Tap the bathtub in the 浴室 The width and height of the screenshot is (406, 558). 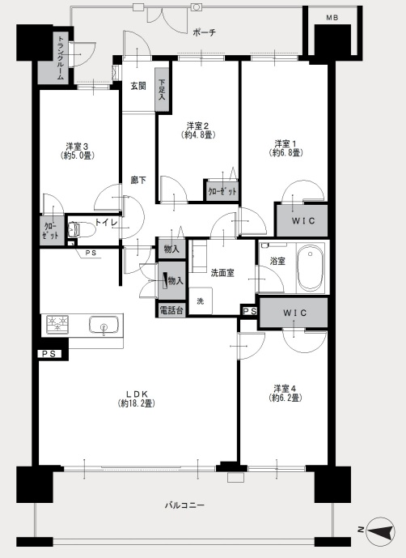coord(311,266)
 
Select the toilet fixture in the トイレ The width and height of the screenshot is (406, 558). coord(81,230)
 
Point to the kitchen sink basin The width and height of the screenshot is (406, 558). coord(104,325)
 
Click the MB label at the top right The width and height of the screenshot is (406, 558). coord(332,18)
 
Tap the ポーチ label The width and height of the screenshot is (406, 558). coord(205,32)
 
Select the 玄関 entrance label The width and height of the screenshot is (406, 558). coord(138,86)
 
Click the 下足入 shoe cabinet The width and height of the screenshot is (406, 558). coord(162,90)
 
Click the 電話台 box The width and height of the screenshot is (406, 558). coord(171,310)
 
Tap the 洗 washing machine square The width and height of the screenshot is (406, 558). coord(201,301)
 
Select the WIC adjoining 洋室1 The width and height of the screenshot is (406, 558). coord(302,220)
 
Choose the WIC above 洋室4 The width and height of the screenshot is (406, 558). coord(294,313)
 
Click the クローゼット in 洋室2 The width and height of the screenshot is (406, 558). coord(222,191)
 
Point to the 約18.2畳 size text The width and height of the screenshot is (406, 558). coord(137,403)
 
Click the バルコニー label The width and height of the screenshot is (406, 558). coord(184,505)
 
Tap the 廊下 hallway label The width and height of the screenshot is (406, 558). coord(138,180)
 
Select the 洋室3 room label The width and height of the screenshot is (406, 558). coord(77,147)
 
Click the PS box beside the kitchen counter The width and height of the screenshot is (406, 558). coord(49,354)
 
